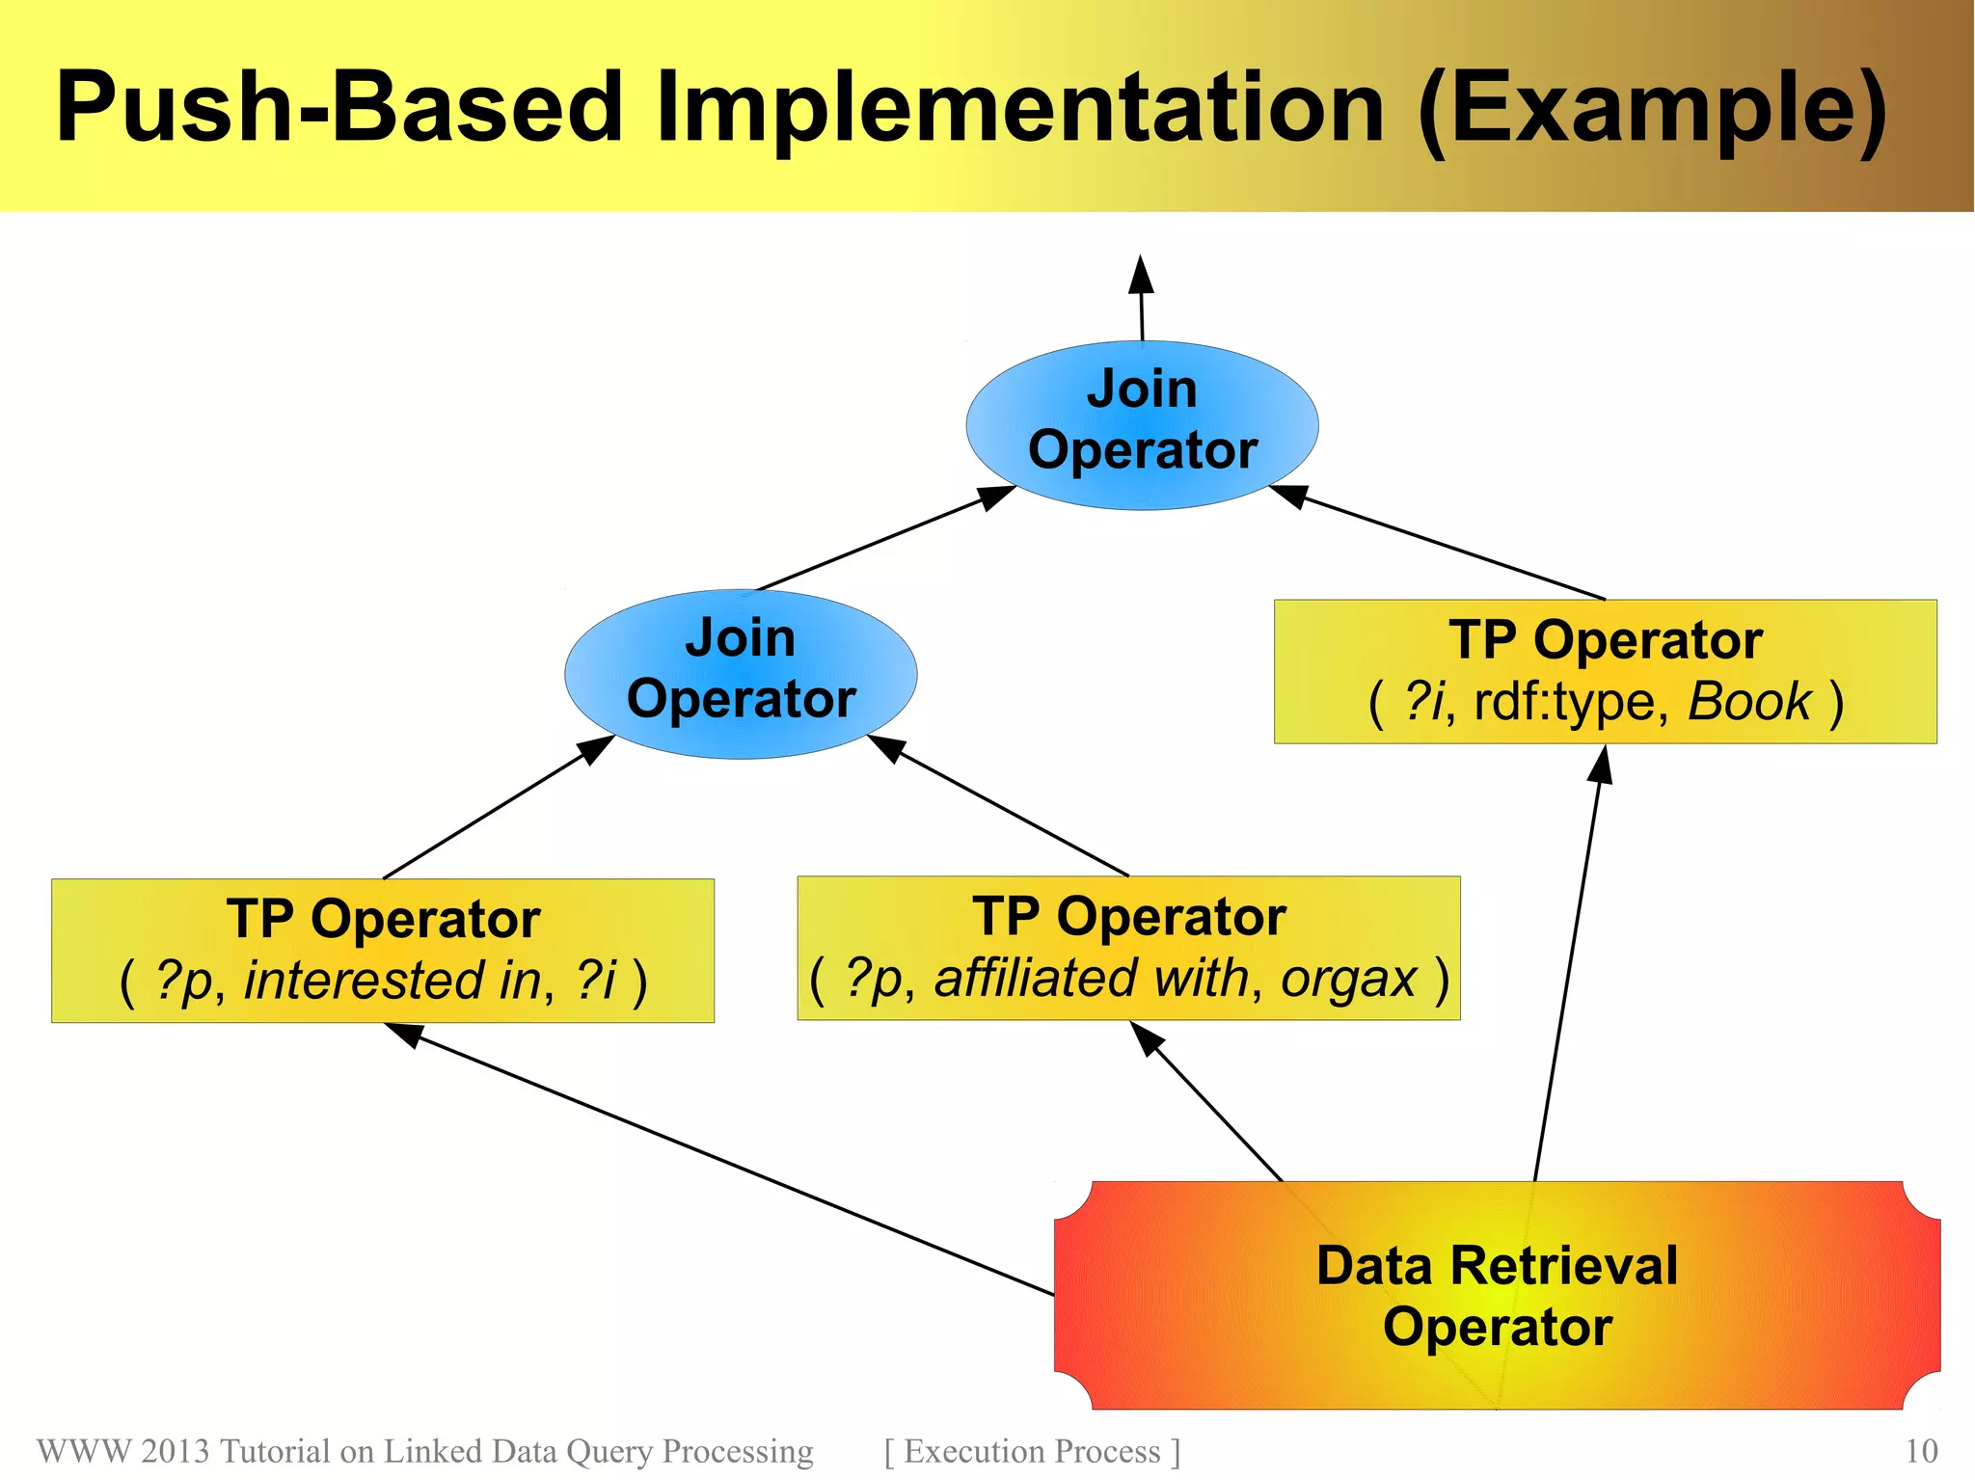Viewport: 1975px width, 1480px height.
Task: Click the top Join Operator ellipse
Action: (x=1142, y=424)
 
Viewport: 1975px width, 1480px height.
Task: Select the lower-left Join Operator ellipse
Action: (x=741, y=673)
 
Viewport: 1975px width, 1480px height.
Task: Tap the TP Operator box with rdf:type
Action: (x=1605, y=671)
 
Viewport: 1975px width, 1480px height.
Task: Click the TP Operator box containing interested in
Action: (x=383, y=950)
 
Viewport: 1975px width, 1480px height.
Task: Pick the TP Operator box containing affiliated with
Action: (x=1128, y=948)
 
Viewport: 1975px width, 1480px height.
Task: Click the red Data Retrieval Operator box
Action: (x=1497, y=1295)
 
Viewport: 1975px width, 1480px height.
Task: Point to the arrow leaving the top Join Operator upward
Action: (x=1142, y=299)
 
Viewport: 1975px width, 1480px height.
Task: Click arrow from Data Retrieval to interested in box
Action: (x=733, y=1162)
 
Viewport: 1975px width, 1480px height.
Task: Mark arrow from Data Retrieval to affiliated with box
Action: (x=1210, y=1104)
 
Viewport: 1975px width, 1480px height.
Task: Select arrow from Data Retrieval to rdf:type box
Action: (x=1567, y=964)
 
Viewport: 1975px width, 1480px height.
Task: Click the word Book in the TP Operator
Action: (x=1749, y=701)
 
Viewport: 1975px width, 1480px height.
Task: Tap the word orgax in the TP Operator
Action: (x=1348, y=978)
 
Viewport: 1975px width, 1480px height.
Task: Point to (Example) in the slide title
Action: (x=1652, y=108)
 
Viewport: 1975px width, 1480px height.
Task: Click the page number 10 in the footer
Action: (x=1921, y=1451)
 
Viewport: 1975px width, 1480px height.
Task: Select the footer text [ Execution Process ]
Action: (x=1032, y=1451)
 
